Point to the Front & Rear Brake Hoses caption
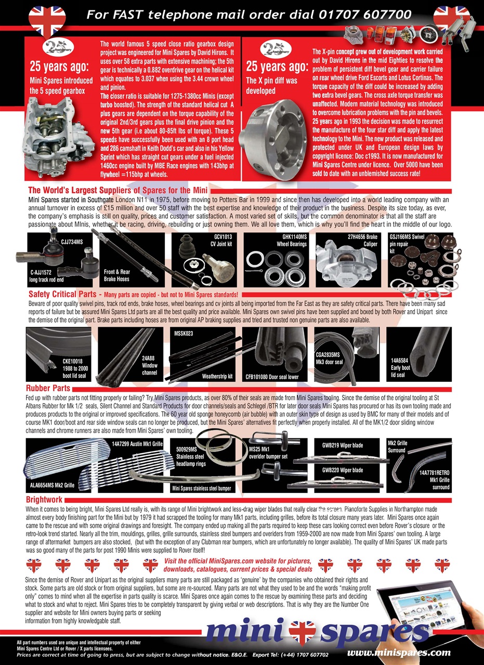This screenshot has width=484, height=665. [117, 275]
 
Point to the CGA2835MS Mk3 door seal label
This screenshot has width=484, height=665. [330, 358]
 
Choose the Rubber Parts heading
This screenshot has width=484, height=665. [48, 388]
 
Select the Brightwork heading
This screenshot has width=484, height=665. [45, 500]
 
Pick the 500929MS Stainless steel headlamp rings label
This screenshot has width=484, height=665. [191, 456]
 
